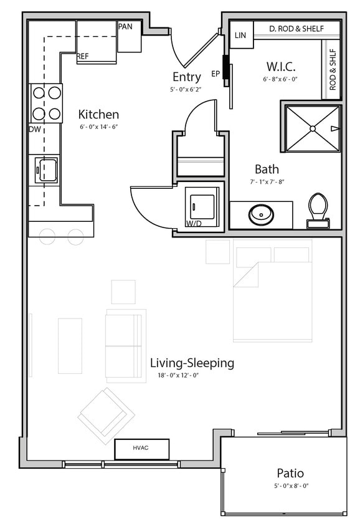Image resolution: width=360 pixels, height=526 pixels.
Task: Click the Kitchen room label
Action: [x=98, y=115]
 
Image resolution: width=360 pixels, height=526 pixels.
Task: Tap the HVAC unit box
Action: [x=141, y=448]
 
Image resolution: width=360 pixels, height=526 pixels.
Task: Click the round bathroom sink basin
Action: [x=262, y=214]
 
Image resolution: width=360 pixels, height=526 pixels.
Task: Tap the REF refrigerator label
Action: [x=83, y=56]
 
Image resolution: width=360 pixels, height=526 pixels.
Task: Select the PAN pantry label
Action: [x=125, y=27]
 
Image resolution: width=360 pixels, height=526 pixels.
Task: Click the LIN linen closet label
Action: [x=240, y=36]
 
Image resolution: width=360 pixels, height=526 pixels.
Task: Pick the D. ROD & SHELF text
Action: [x=296, y=29]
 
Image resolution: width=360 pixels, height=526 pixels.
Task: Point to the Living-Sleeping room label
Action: [x=192, y=363]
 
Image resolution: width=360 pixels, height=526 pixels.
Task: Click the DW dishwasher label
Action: [x=35, y=129]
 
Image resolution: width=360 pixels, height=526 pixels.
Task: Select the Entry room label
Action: [x=187, y=77]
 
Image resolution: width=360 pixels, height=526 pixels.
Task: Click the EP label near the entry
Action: [x=216, y=74]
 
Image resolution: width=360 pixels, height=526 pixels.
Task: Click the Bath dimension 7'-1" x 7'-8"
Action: [x=267, y=182]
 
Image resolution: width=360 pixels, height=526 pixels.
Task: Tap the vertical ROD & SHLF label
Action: [x=333, y=70]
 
